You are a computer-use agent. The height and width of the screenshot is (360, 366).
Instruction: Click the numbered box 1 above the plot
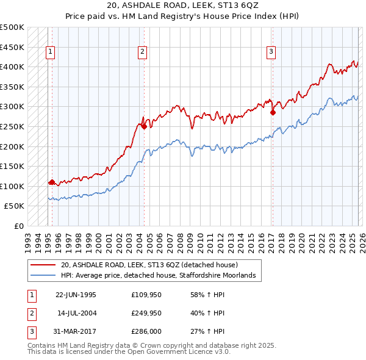point(49,52)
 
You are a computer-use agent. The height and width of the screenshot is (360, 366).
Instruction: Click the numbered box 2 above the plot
point(142,52)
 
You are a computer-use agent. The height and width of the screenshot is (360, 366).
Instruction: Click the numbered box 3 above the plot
point(270,52)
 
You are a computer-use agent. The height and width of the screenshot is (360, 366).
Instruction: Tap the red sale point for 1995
point(52,182)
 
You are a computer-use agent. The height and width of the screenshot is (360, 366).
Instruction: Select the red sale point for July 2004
point(144,126)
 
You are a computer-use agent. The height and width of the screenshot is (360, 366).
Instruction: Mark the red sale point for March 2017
point(273,112)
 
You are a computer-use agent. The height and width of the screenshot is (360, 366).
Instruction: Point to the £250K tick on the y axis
point(12,126)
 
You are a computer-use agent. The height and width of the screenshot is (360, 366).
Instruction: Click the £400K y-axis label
point(12,67)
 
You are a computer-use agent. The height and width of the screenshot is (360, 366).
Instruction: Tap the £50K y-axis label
point(15,206)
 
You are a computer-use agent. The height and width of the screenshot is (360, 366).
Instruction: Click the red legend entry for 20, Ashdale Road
point(153,265)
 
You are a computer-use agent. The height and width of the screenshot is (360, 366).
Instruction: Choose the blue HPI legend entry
point(161,276)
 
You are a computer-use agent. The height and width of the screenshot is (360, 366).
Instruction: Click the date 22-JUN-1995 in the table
point(76,294)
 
